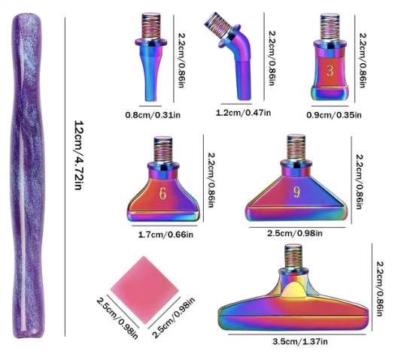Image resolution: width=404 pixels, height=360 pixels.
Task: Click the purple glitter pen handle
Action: tap(27, 175)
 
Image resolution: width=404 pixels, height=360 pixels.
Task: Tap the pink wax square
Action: tap(144, 290)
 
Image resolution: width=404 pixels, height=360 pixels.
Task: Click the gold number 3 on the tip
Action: tap(330, 71)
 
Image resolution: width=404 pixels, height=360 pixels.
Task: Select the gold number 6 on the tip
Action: tap(163, 193)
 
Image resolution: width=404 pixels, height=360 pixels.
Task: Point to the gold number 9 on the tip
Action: tap(297, 192)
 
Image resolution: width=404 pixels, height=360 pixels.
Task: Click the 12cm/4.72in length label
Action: tap(78, 155)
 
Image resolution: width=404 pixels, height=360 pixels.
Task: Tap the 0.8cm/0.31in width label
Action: tap(153, 115)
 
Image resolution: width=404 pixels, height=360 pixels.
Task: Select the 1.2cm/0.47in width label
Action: tap(243, 113)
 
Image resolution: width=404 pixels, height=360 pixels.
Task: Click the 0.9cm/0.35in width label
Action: tap(334, 115)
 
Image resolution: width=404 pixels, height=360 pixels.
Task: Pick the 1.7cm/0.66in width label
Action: tap(166, 234)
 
